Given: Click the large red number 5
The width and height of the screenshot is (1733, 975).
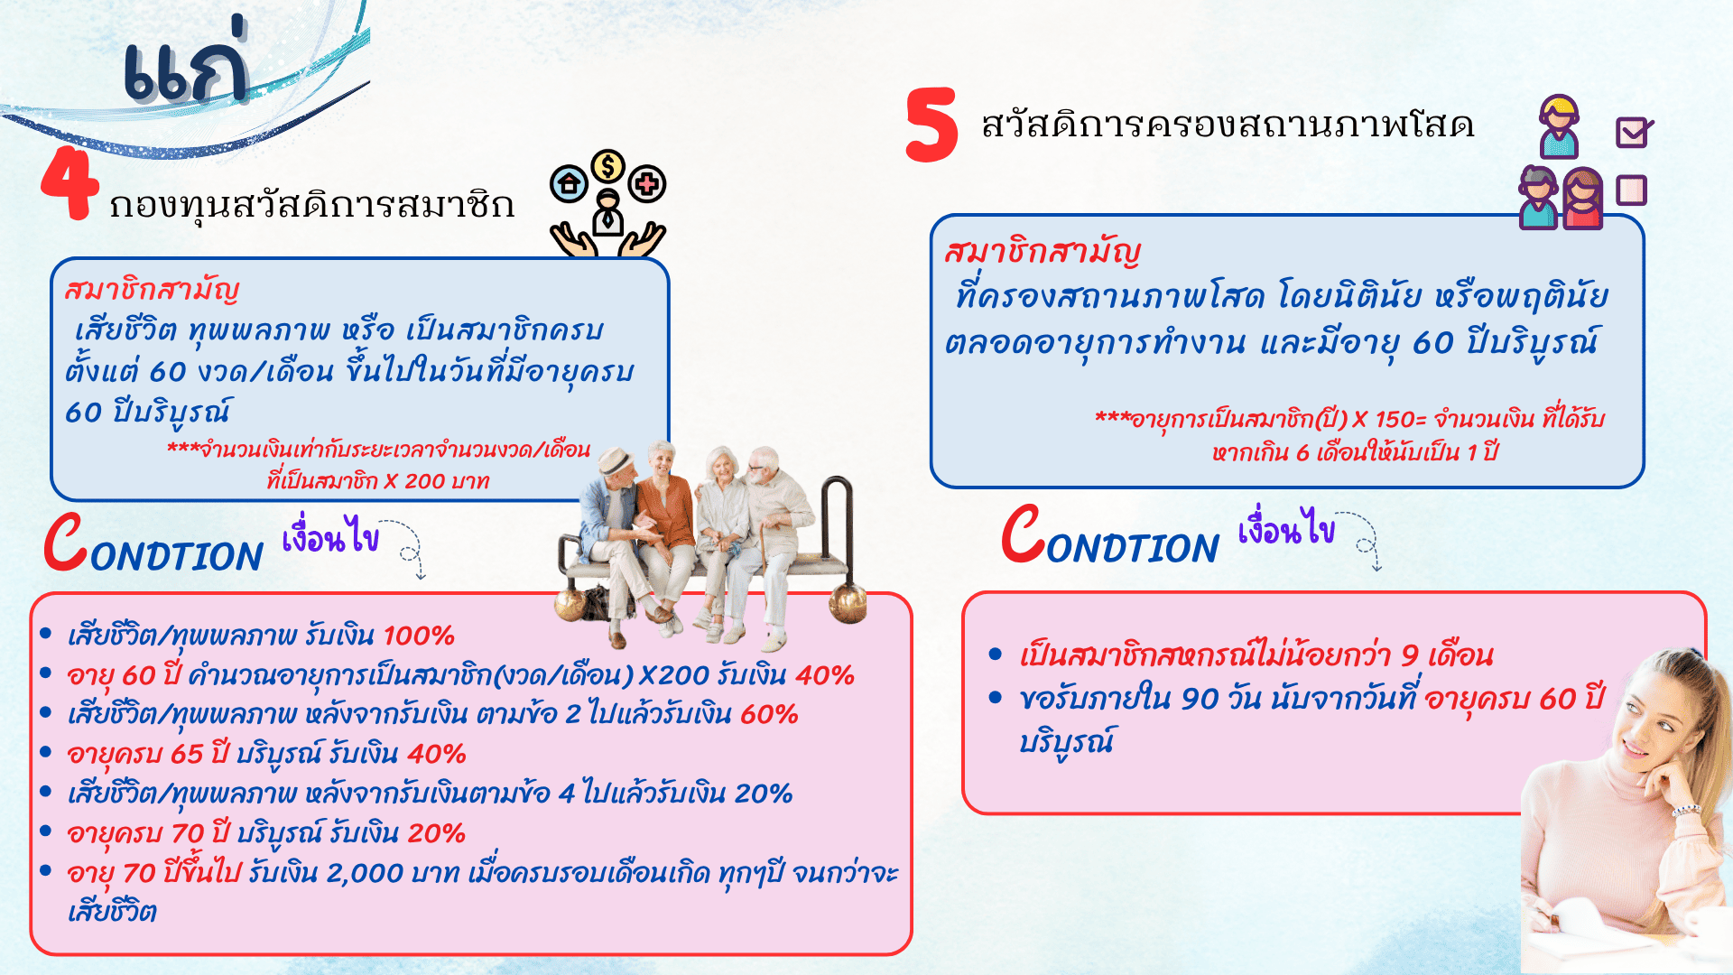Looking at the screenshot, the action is click(931, 125).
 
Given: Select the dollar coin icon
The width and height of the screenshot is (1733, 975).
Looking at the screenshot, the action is click(608, 167).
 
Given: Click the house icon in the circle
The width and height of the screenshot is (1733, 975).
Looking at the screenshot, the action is click(569, 185).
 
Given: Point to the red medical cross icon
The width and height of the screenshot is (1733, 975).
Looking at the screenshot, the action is click(647, 185).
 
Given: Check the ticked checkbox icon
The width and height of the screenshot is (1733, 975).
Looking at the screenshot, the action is click(1634, 133).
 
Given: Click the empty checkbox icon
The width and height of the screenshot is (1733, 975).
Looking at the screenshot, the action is click(1632, 190).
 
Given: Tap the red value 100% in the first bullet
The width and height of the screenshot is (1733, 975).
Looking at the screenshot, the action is click(419, 636).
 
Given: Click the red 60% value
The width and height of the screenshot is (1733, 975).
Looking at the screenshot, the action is click(769, 714).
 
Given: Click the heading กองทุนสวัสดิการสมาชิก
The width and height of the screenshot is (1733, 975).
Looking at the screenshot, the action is click(311, 205).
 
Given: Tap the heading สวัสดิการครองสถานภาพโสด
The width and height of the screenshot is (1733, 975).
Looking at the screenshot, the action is click(1228, 125).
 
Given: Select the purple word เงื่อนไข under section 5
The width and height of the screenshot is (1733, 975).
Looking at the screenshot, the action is click(1286, 528).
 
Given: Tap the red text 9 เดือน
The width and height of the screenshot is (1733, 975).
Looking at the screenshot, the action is click(1447, 655).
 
